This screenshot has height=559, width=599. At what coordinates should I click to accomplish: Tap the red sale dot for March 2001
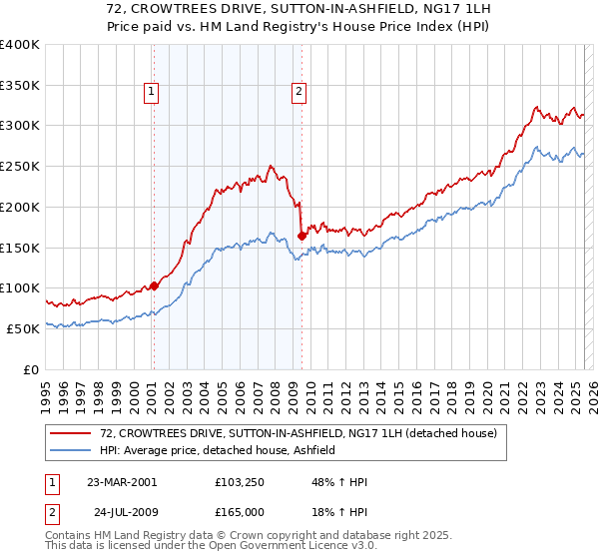point(155,284)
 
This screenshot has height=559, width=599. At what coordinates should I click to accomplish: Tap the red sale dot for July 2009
point(301,237)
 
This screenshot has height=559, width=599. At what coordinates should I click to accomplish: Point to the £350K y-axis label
point(19,86)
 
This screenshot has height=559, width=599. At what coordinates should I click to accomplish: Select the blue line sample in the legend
point(72,450)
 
